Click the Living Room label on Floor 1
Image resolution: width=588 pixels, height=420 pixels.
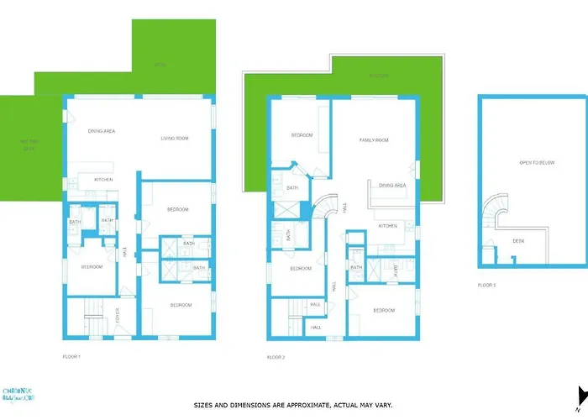(x=175, y=139)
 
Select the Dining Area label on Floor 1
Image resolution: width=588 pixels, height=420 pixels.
(x=102, y=131)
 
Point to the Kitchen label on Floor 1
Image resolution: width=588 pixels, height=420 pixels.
(x=103, y=180)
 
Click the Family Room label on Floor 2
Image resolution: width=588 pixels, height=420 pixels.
(x=374, y=140)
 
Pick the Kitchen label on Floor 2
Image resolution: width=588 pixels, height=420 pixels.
(x=387, y=226)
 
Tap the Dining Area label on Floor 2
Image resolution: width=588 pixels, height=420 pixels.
(x=392, y=186)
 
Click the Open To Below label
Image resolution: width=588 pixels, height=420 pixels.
(x=535, y=163)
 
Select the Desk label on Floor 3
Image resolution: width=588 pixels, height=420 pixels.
(x=518, y=241)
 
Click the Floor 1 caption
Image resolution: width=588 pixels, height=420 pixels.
(x=71, y=357)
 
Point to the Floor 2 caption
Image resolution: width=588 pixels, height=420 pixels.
(x=276, y=358)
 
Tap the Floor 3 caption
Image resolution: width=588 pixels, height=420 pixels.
(x=487, y=286)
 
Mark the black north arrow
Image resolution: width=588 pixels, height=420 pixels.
(x=581, y=396)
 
